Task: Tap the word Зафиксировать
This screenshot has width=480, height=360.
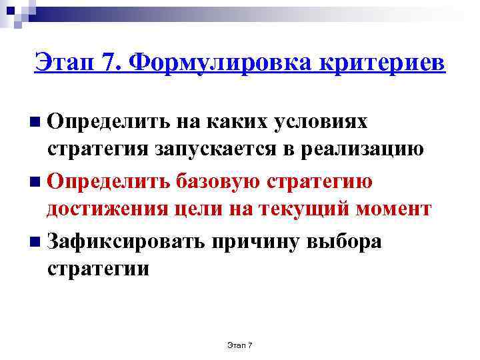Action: click(126, 241)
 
